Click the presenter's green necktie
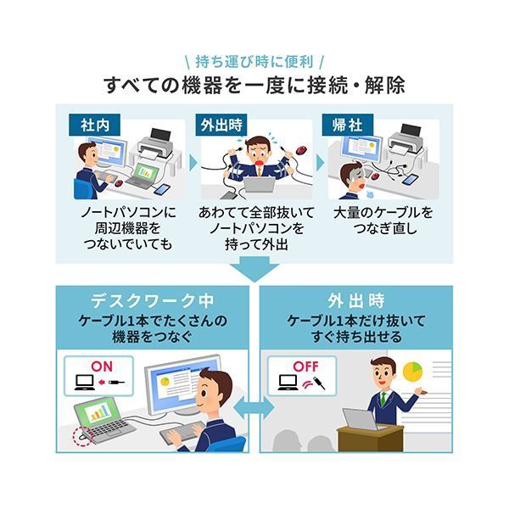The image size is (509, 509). point(383,397)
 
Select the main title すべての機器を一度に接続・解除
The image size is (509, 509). point(255,85)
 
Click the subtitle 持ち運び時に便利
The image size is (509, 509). point(255,61)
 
